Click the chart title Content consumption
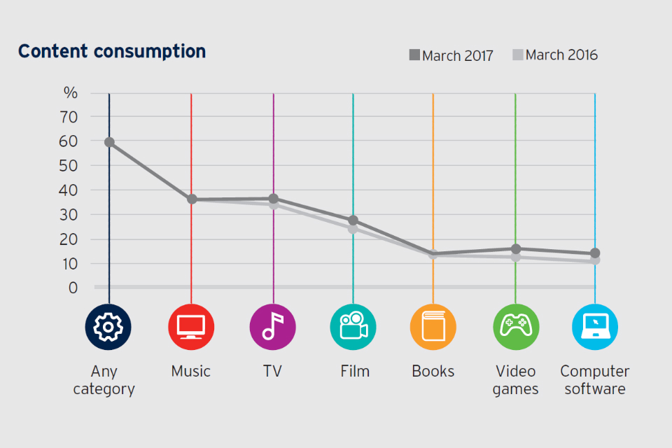[x=112, y=52]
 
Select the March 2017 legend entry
[x=451, y=55]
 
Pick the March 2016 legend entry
[x=555, y=55]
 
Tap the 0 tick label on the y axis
[x=73, y=288]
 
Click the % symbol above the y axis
[x=71, y=93]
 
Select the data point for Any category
[x=109, y=142]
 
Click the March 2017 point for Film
[x=353, y=220]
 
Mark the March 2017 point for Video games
[x=516, y=248]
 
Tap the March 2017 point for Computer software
[x=595, y=253]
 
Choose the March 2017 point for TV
[x=273, y=199]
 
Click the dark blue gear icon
[x=108, y=327]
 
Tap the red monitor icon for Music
[x=191, y=327]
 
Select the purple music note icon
[x=273, y=327]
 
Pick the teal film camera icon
[x=353, y=327]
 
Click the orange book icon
[x=433, y=327]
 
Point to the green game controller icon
[x=516, y=327]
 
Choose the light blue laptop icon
[x=595, y=327]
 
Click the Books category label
[x=433, y=372]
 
